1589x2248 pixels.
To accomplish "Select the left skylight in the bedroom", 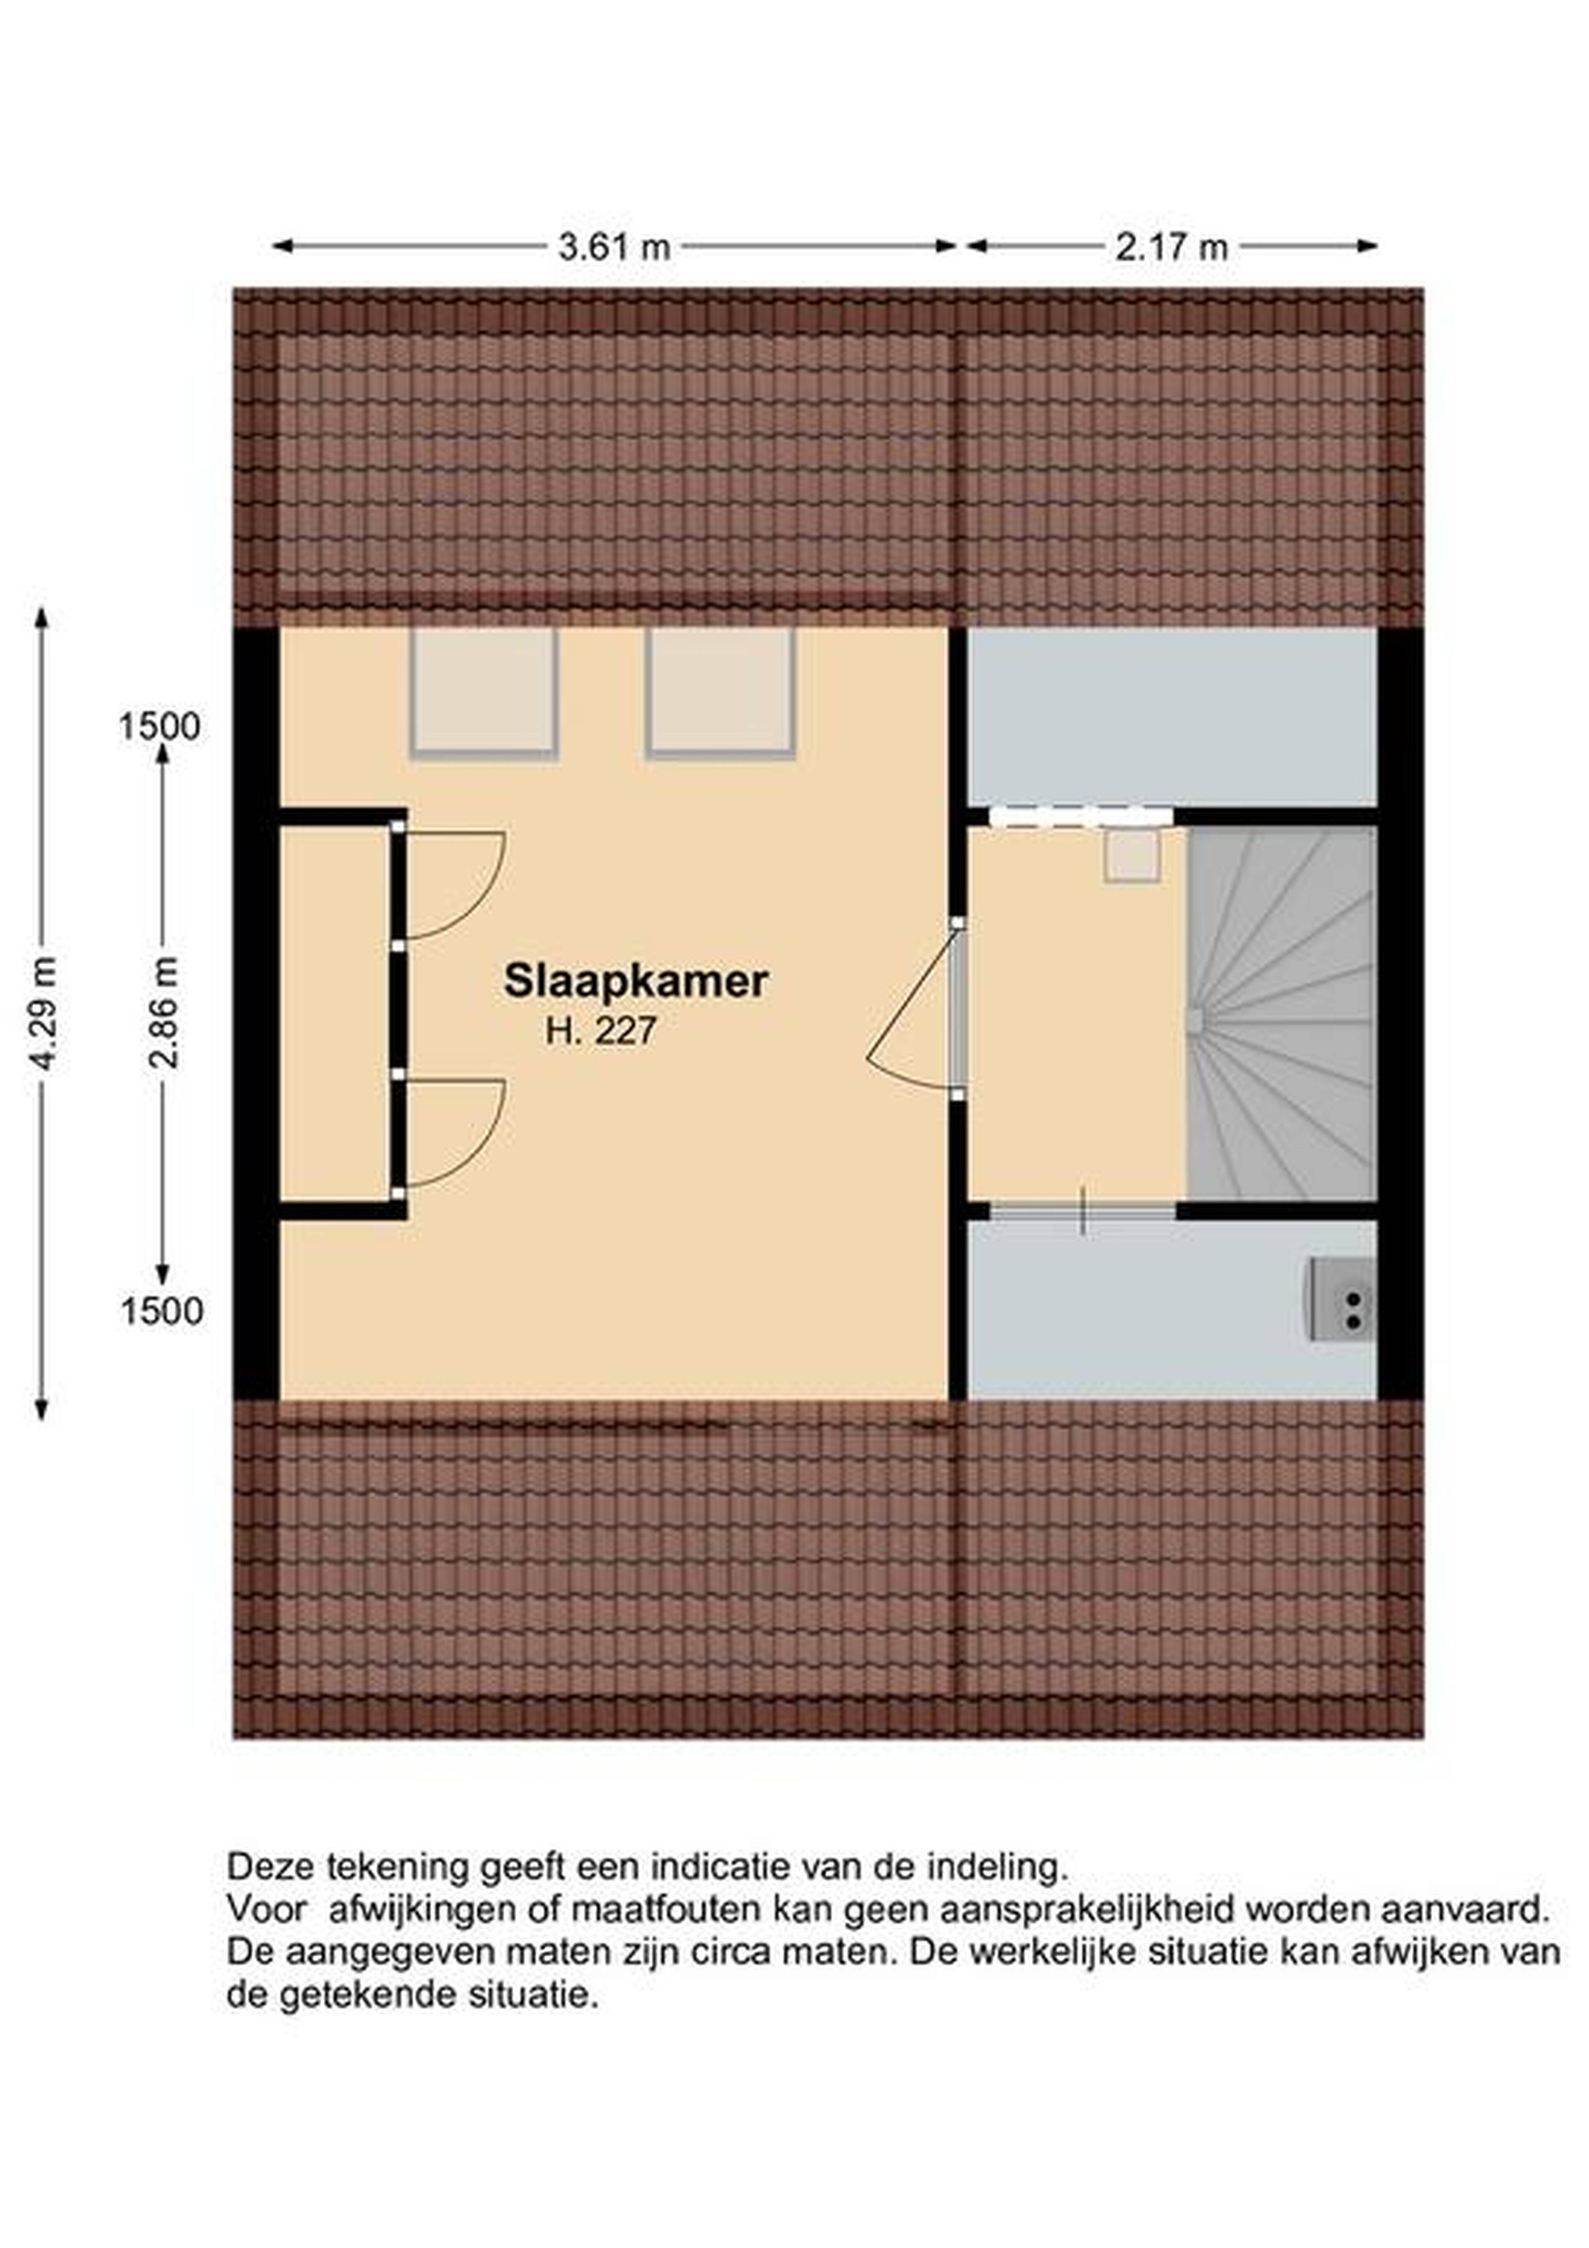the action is tap(484, 692).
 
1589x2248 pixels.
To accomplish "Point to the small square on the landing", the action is tap(1133, 857).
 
